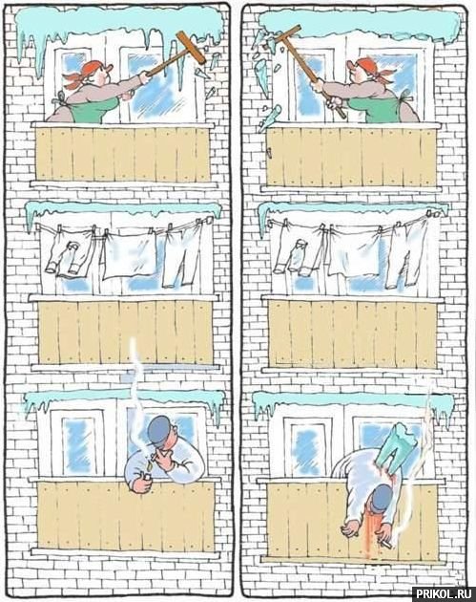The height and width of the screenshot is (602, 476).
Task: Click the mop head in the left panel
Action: [191, 47]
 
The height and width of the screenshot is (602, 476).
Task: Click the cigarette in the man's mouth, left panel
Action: [154, 458]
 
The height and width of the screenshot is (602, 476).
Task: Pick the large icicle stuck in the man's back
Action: [397, 446]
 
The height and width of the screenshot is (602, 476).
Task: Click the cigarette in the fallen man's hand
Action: [385, 543]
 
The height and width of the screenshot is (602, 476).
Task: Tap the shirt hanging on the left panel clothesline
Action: [69, 251]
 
